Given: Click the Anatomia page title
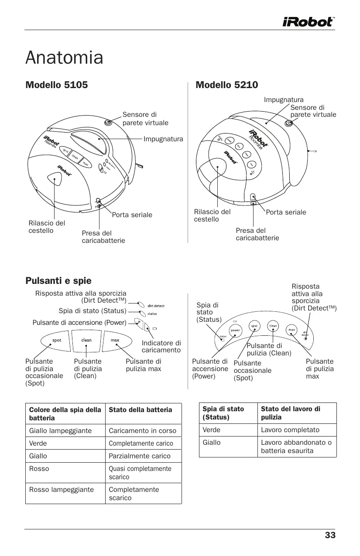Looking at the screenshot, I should (x=65, y=58).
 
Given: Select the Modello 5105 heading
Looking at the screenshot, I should (x=57, y=85).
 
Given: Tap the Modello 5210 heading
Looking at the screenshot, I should (x=227, y=85).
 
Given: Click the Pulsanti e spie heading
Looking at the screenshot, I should (x=58, y=280).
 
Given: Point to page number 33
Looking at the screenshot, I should (x=330, y=535).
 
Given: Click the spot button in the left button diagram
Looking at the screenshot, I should (x=57, y=341).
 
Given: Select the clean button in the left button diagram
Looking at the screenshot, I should (x=86, y=340).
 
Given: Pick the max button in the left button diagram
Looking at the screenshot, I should (x=115, y=340).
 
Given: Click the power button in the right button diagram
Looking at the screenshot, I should (x=235, y=331).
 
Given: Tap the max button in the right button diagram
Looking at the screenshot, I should (x=291, y=330).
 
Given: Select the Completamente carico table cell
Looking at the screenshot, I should (x=141, y=443).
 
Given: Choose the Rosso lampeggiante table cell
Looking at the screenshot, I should (x=61, y=490).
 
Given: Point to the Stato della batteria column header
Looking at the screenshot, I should (x=140, y=410).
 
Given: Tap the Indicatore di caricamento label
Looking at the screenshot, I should (x=161, y=347).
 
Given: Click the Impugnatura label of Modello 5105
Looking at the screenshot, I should (x=164, y=139).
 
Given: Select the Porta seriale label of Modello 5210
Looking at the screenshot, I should (x=286, y=212).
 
